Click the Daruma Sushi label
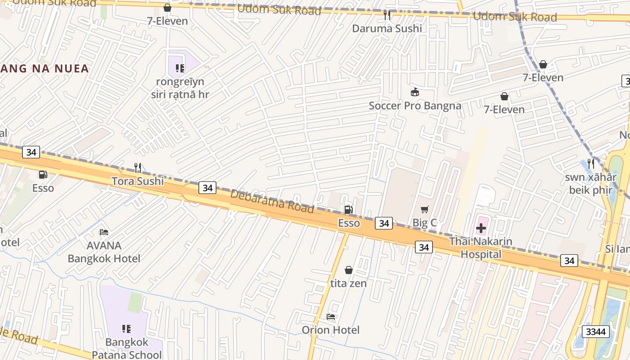click(387, 29)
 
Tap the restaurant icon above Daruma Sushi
click(387, 15)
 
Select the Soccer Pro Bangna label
click(415, 106)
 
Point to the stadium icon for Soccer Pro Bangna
click(415, 92)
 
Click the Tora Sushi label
click(138, 181)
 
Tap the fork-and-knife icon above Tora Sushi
click(138, 168)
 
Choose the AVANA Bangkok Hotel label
click(104, 252)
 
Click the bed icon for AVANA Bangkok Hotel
click(104, 232)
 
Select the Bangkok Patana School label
click(127, 348)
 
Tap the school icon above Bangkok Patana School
click(126, 329)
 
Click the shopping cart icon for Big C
click(424, 209)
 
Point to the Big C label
click(424, 223)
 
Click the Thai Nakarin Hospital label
click(481, 247)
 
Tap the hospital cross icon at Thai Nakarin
click(481, 228)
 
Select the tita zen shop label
click(348, 283)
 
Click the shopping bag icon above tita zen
click(348, 270)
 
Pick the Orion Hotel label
click(331, 330)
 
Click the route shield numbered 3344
click(596, 332)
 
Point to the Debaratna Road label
click(272, 201)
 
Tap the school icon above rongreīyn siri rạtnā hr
click(180, 68)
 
